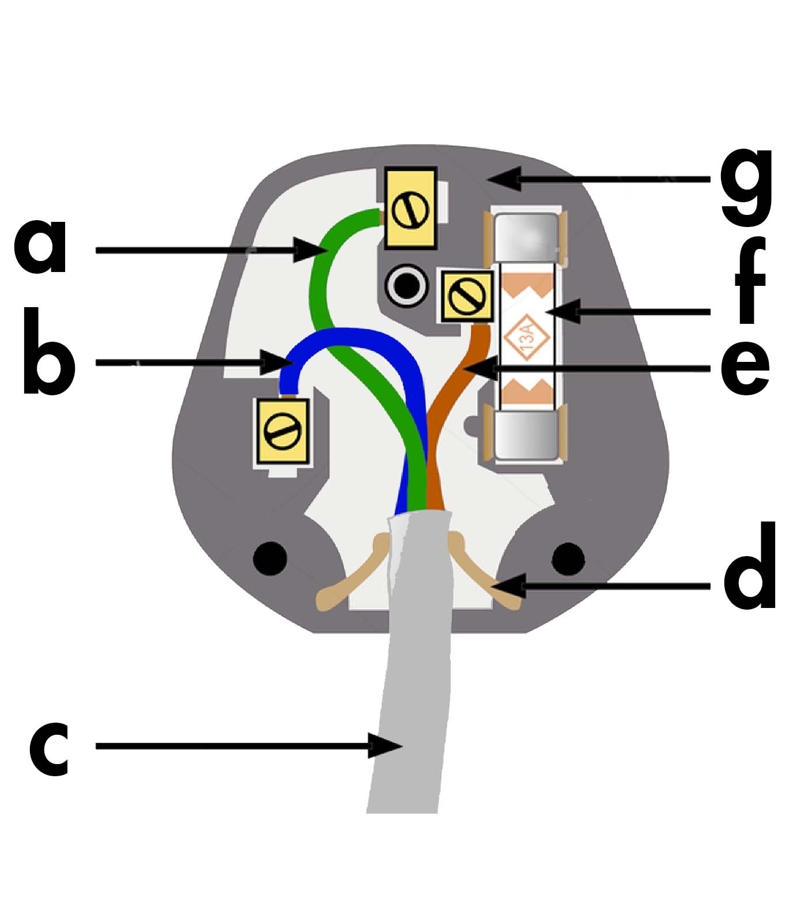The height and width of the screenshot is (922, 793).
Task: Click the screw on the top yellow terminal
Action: click(410, 210)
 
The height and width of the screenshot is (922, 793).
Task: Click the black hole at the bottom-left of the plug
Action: click(270, 558)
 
